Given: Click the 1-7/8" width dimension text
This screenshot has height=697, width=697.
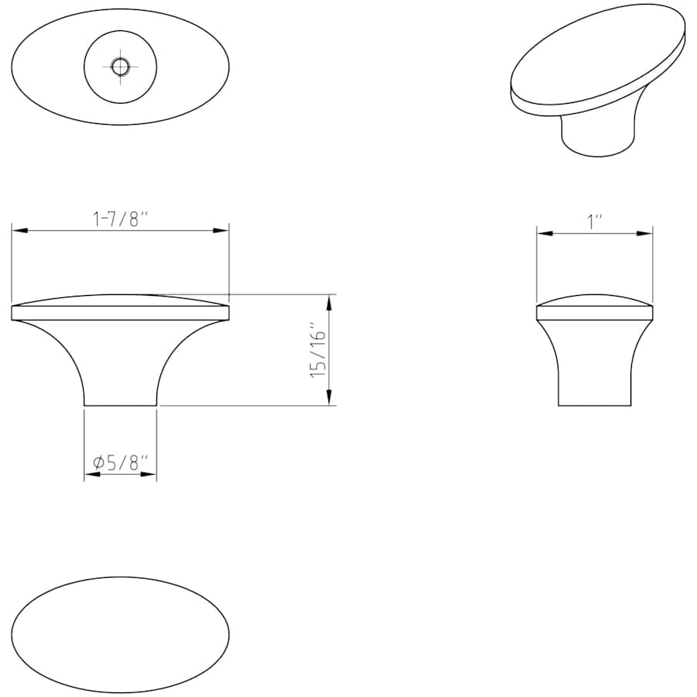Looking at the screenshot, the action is (x=119, y=219).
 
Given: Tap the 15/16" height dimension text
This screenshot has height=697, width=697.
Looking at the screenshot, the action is (x=319, y=350).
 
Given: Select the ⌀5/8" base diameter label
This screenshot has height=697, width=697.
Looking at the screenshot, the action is (x=120, y=463).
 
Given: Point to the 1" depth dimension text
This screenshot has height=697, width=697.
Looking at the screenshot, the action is (x=595, y=221).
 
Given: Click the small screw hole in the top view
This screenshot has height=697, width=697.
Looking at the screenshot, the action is (x=120, y=67).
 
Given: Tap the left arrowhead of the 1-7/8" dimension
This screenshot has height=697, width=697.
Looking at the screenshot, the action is (x=19, y=231).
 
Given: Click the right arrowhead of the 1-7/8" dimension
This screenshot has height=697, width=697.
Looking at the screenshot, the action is (x=221, y=231).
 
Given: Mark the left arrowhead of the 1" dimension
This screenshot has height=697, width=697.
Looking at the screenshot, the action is (x=545, y=233).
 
